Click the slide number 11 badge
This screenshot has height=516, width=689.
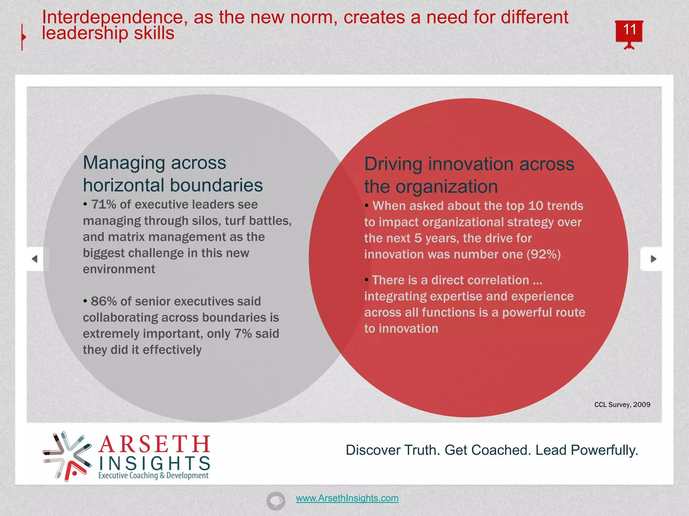[x=629, y=31]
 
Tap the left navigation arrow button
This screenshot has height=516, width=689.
[x=35, y=259]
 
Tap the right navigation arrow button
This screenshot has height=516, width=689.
[x=653, y=259]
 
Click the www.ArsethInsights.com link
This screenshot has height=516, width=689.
[x=347, y=498]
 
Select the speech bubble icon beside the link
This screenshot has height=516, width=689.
[x=276, y=501]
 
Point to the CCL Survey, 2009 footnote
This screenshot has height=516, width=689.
[x=622, y=404]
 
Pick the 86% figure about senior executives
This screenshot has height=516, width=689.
[x=104, y=301]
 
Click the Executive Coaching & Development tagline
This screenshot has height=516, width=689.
[x=153, y=476]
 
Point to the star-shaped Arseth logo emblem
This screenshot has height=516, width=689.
[x=67, y=456]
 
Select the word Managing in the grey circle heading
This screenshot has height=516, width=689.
[x=123, y=163]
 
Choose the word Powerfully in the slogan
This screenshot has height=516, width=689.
[x=604, y=450]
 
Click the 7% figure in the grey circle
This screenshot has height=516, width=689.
[x=243, y=334]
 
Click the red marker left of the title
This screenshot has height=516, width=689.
[x=23, y=37]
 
